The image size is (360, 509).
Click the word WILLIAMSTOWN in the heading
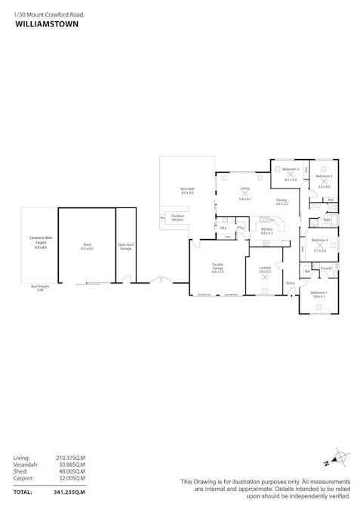click(46, 24)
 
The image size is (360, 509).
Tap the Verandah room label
click(187, 189)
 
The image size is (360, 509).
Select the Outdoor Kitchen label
click(178, 217)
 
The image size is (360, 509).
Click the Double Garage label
click(217, 266)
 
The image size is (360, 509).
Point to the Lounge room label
click(265, 268)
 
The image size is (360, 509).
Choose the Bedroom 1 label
click(319, 293)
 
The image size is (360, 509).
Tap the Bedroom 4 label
click(291, 170)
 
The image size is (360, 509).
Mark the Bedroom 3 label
click(324, 176)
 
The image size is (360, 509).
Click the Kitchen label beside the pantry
click(266, 230)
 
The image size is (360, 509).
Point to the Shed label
click(87, 245)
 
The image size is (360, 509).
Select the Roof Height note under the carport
click(40, 287)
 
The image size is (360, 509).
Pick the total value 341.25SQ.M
click(70, 492)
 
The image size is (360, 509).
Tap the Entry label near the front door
click(291, 283)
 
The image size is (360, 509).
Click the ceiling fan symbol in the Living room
click(245, 193)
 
